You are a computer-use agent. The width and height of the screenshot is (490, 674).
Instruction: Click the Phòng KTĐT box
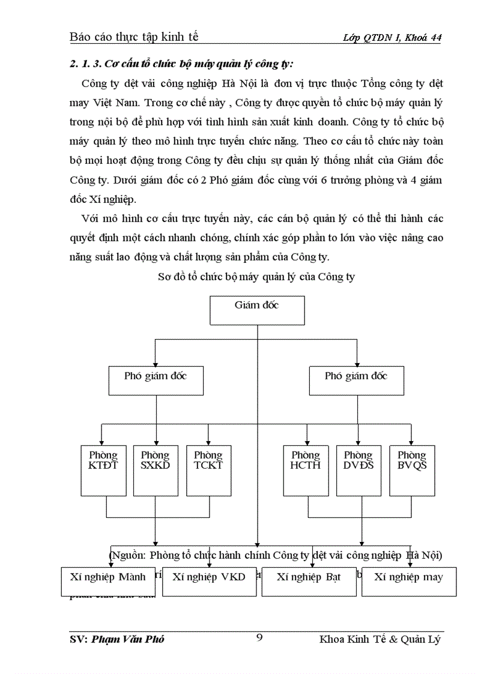103,470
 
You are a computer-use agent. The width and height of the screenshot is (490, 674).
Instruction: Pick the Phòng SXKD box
156,470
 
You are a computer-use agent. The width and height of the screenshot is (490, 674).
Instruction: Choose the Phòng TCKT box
208,470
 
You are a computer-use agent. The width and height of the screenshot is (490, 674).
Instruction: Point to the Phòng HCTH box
306,470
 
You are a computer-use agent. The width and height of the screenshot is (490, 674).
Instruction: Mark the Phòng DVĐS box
358,470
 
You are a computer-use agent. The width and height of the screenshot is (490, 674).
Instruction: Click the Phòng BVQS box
412,470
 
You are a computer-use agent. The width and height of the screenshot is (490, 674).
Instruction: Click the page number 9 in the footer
259,637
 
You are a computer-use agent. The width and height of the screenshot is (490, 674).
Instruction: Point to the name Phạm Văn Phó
128,639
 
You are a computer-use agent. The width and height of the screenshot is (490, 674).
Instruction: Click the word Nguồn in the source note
129,555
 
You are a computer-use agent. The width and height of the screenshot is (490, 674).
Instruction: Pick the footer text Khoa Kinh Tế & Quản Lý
381,639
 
